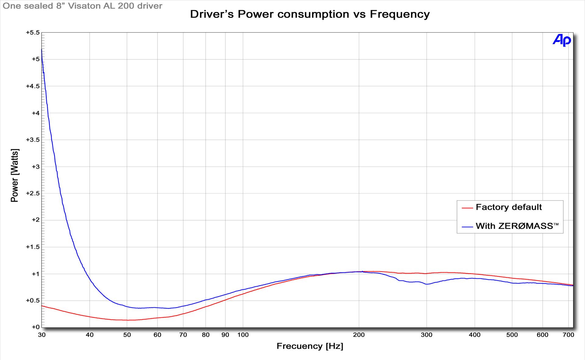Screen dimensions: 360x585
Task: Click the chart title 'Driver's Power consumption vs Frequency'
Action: click(x=310, y=14)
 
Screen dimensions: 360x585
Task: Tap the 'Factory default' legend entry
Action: click(x=509, y=207)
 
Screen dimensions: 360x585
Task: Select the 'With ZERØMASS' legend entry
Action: click(x=517, y=226)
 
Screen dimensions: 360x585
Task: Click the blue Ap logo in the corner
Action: click(x=562, y=40)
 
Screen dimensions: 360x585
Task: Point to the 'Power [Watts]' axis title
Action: click(x=15, y=175)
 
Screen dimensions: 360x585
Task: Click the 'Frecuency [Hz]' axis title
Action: click(x=310, y=346)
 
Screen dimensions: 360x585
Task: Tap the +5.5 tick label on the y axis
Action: click(x=33, y=33)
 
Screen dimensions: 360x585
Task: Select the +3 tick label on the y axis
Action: click(x=35, y=167)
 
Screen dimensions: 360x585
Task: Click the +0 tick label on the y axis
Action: click(x=35, y=327)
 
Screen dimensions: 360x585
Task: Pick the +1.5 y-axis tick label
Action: click(x=33, y=247)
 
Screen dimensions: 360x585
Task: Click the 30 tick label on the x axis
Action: click(x=42, y=335)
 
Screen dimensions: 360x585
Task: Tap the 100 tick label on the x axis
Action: click(x=243, y=335)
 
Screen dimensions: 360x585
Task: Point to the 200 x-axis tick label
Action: click(x=359, y=335)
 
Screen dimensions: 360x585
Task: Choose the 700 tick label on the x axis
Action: click(x=568, y=335)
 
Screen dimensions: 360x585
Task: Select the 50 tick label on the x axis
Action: click(x=127, y=335)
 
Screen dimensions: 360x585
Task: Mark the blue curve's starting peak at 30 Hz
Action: click(x=42, y=50)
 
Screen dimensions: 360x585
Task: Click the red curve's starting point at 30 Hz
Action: click(x=42, y=306)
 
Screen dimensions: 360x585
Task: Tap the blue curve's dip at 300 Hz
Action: click(x=427, y=284)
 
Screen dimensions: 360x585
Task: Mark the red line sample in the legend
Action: click(x=467, y=208)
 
